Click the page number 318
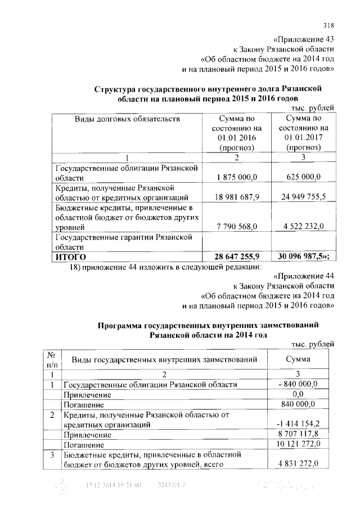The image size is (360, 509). click(329, 25)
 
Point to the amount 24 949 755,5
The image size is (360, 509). click(303, 197)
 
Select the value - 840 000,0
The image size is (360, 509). click(298, 384)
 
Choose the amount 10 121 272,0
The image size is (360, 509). click(298, 444)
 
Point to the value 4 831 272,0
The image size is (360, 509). click(298, 464)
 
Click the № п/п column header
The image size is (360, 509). click(52, 358)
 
